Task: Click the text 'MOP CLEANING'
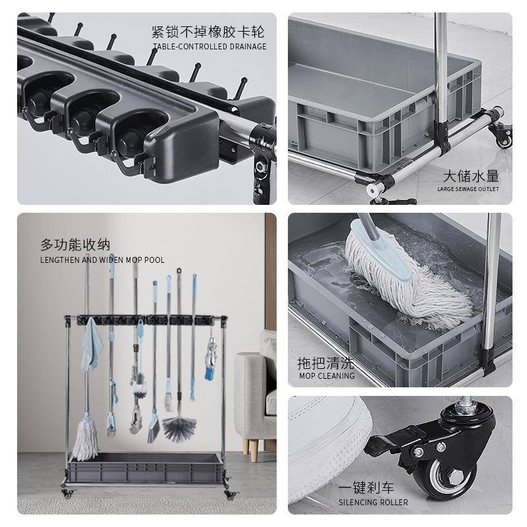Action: (x=327, y=376)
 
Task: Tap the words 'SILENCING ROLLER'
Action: (x=374, y=502)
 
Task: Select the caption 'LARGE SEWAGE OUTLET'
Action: (x=468, y=189)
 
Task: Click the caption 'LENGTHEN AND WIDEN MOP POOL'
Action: (x=102, y=260)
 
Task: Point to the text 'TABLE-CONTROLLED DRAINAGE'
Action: (x=209, y=47)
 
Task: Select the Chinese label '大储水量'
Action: (x=470, y=176)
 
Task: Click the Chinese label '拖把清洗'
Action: (x=325, y=363)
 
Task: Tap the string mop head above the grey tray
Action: (x=85, y=439)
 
